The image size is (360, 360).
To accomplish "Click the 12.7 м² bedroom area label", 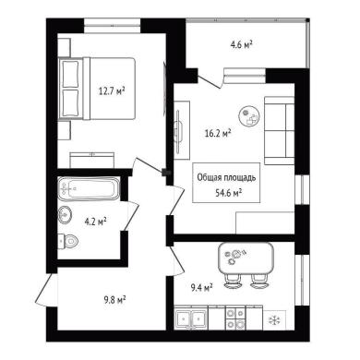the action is coord(112,90).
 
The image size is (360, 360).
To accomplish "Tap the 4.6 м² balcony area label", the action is coord(242,45).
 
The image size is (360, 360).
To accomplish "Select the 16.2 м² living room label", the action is coord(218,133).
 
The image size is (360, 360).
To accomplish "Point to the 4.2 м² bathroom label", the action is coord(95,221).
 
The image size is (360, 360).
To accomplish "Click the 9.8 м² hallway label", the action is coord(115,299).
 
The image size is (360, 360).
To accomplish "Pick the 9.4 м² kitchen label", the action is coord(202,288).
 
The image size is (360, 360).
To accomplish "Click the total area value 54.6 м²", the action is coord(228,193).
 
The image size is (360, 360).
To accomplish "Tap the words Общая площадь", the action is coord(226,177).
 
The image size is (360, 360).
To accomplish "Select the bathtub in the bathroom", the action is coord(88,188).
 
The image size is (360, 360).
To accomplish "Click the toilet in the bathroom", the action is coord(68,241).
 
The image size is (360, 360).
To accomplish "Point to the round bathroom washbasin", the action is coord(65,214).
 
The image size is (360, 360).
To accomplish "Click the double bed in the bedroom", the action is coord(97,89).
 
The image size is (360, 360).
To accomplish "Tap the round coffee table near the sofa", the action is coord(249,116).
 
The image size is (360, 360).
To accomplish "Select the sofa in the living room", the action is coord(280,130).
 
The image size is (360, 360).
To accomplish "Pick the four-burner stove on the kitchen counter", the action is coord(235,318).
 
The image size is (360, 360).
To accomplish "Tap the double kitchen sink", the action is coord(191,318).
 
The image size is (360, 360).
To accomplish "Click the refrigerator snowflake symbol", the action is coord(273,320).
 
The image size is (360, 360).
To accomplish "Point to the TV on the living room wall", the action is coord(178,130).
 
